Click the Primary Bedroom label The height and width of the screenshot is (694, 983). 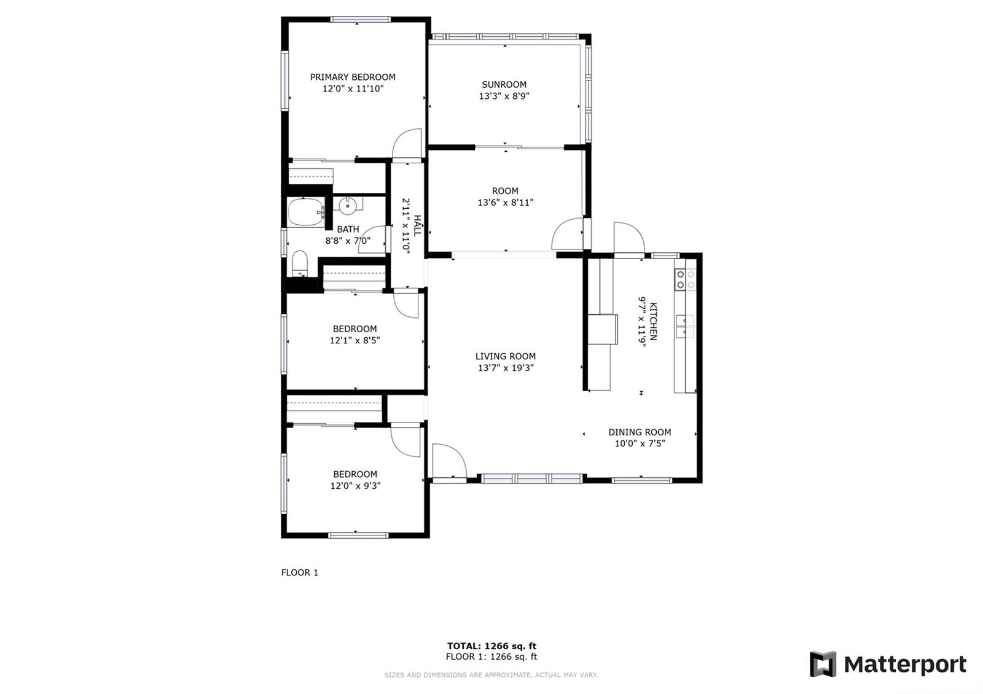pyautogui.click(x=353, y=77)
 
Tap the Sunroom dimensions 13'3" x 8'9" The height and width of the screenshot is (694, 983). pyautogui.click(x=504, y=96)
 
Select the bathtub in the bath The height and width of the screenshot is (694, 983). pyautogui.click(x=307, y=212)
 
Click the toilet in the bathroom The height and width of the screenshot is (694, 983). pyautogui.click(x=300, y=263)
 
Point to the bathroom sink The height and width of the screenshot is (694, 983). pyautogui.click(x=348, y=205)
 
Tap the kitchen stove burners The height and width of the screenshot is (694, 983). pyautogui.click(x=686, y=279)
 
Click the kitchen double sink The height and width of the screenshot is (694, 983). pyautogui.click(x=685, y=326)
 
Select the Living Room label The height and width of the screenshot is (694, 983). pyautogui.click(x=506, y=356)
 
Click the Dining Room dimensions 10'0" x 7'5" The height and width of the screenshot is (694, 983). pyautogui.click(x=640, y=443)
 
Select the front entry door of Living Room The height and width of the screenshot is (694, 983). pyautogui.click(x=449, y=461)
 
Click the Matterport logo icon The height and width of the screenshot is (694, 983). pyautogui.click(x=823, y=664)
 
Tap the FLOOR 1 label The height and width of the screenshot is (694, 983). pyautogui.click(x=300, y=572)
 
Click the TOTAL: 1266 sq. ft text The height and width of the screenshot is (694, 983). pyautogui.click(x=491, y=645)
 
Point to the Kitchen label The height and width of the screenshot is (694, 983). pyautogui.click(x=654, y=322)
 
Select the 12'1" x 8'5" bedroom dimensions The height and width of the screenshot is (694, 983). pyautogui.click(x=355, y=340)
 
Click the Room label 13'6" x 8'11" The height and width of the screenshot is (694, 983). pyautogui.click(x=506, y=197)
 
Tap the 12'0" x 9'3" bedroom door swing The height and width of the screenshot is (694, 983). pyautogui.click(x=405, y=441)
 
